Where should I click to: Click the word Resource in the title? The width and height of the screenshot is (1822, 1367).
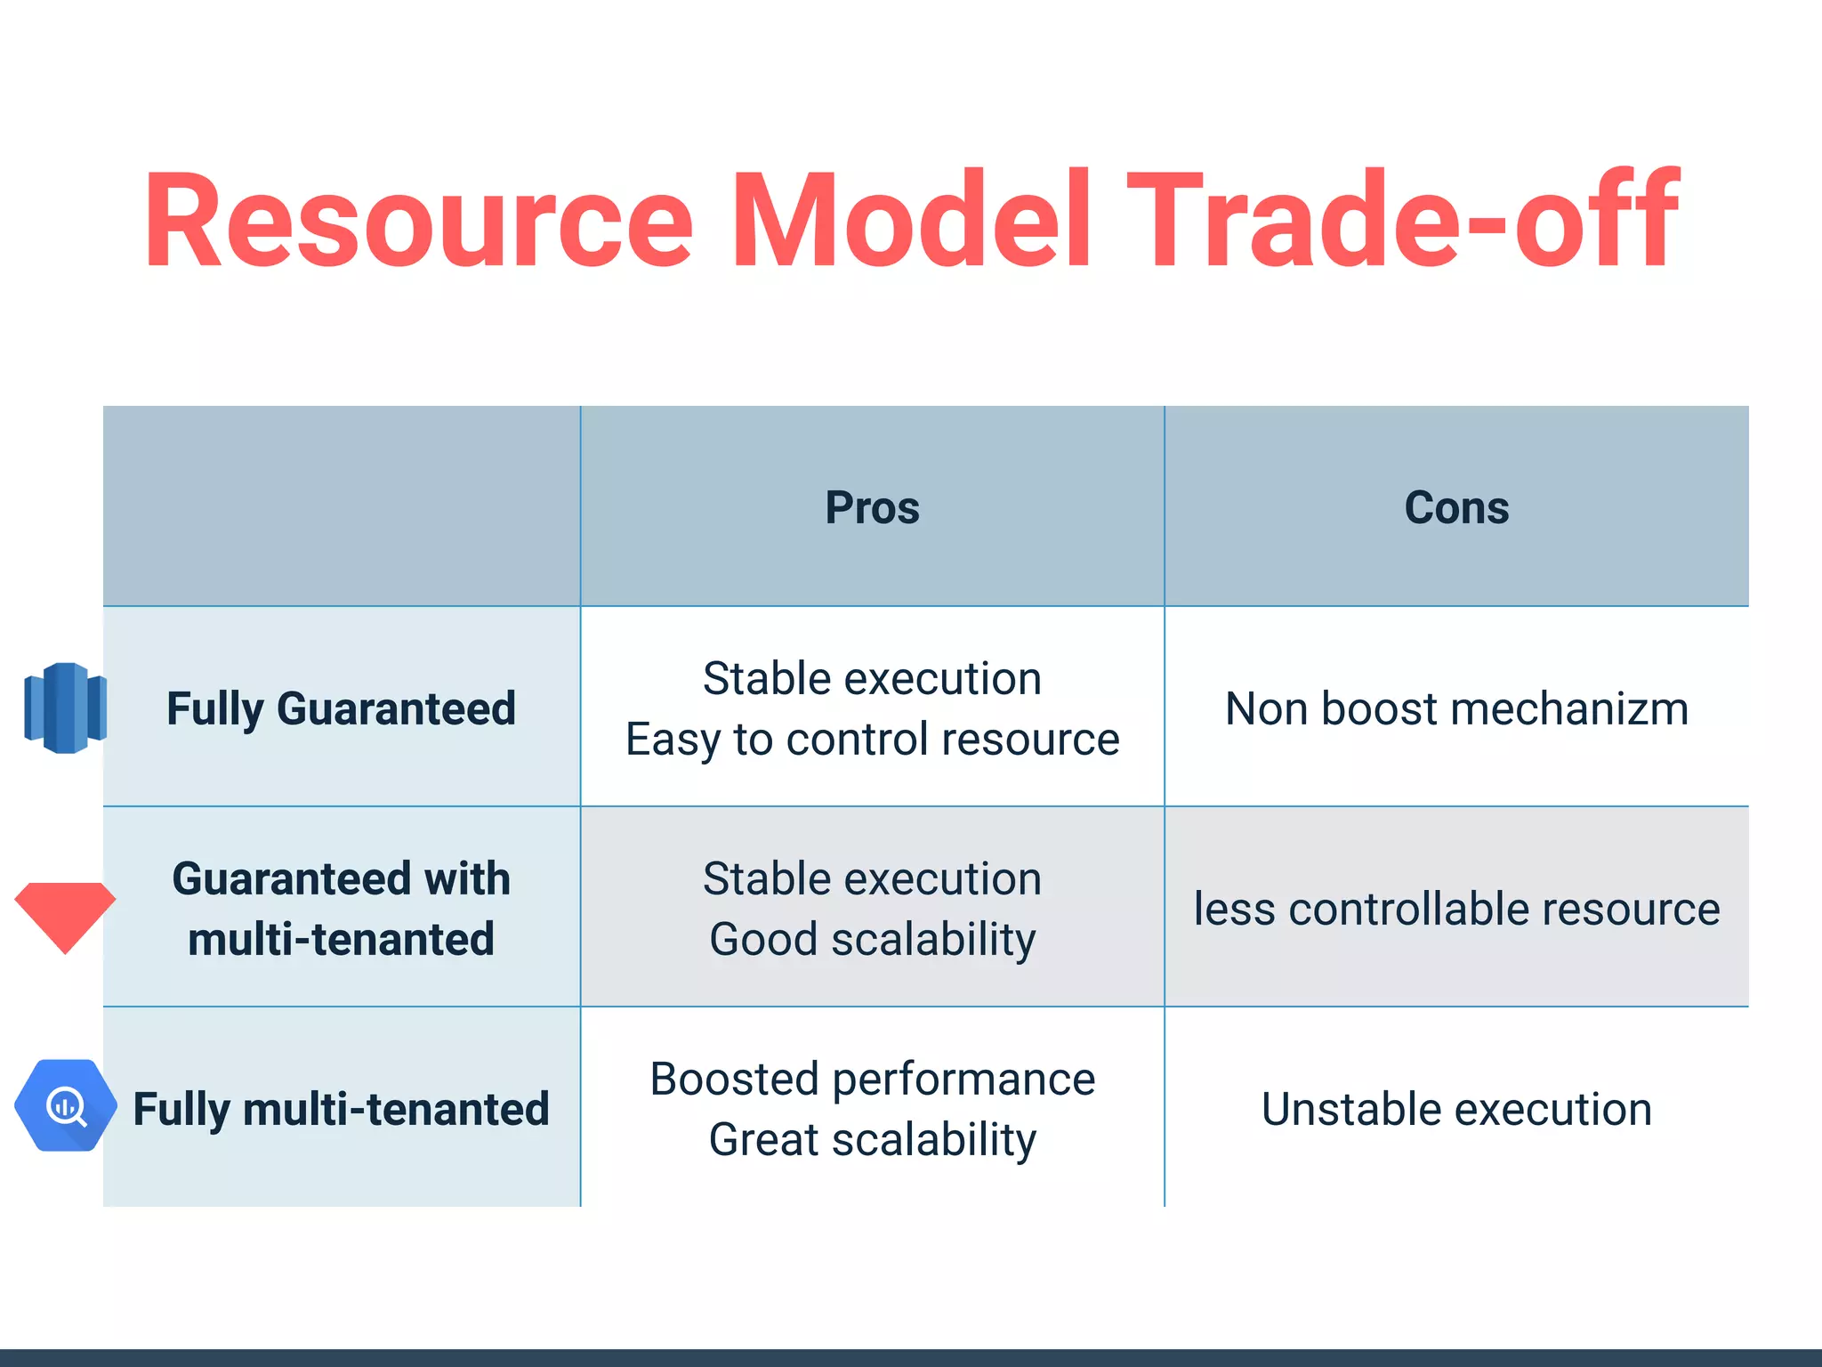[418, 220]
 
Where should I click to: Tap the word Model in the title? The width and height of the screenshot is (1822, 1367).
[912, 220]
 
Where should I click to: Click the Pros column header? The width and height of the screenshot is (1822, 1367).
[872, 508]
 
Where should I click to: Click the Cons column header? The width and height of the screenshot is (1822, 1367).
[1456, 508]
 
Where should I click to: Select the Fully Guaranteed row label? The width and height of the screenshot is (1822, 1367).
[341, 709]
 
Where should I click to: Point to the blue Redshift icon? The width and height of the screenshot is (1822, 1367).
[65, 708]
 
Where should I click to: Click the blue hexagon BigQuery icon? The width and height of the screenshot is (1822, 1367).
[65, 1105]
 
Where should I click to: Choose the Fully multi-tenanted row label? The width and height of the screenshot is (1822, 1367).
[341, 1110]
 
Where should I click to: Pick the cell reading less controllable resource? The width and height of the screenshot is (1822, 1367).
[1456, 909]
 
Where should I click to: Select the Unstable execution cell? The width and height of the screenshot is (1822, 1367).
[1456, 1110]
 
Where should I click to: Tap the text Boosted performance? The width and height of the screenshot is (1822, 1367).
[872, 1080]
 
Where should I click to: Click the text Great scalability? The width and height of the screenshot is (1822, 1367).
[872, 1140]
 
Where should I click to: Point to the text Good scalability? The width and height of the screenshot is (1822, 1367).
[872, 940]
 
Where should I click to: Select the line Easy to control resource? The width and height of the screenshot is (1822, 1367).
[872, 740]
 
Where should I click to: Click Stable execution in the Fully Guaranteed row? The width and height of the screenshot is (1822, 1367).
[872, 679]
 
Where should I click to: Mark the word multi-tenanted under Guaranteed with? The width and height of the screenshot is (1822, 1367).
[341, 940]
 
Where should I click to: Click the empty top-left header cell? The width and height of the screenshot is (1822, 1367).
[341, 506]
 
